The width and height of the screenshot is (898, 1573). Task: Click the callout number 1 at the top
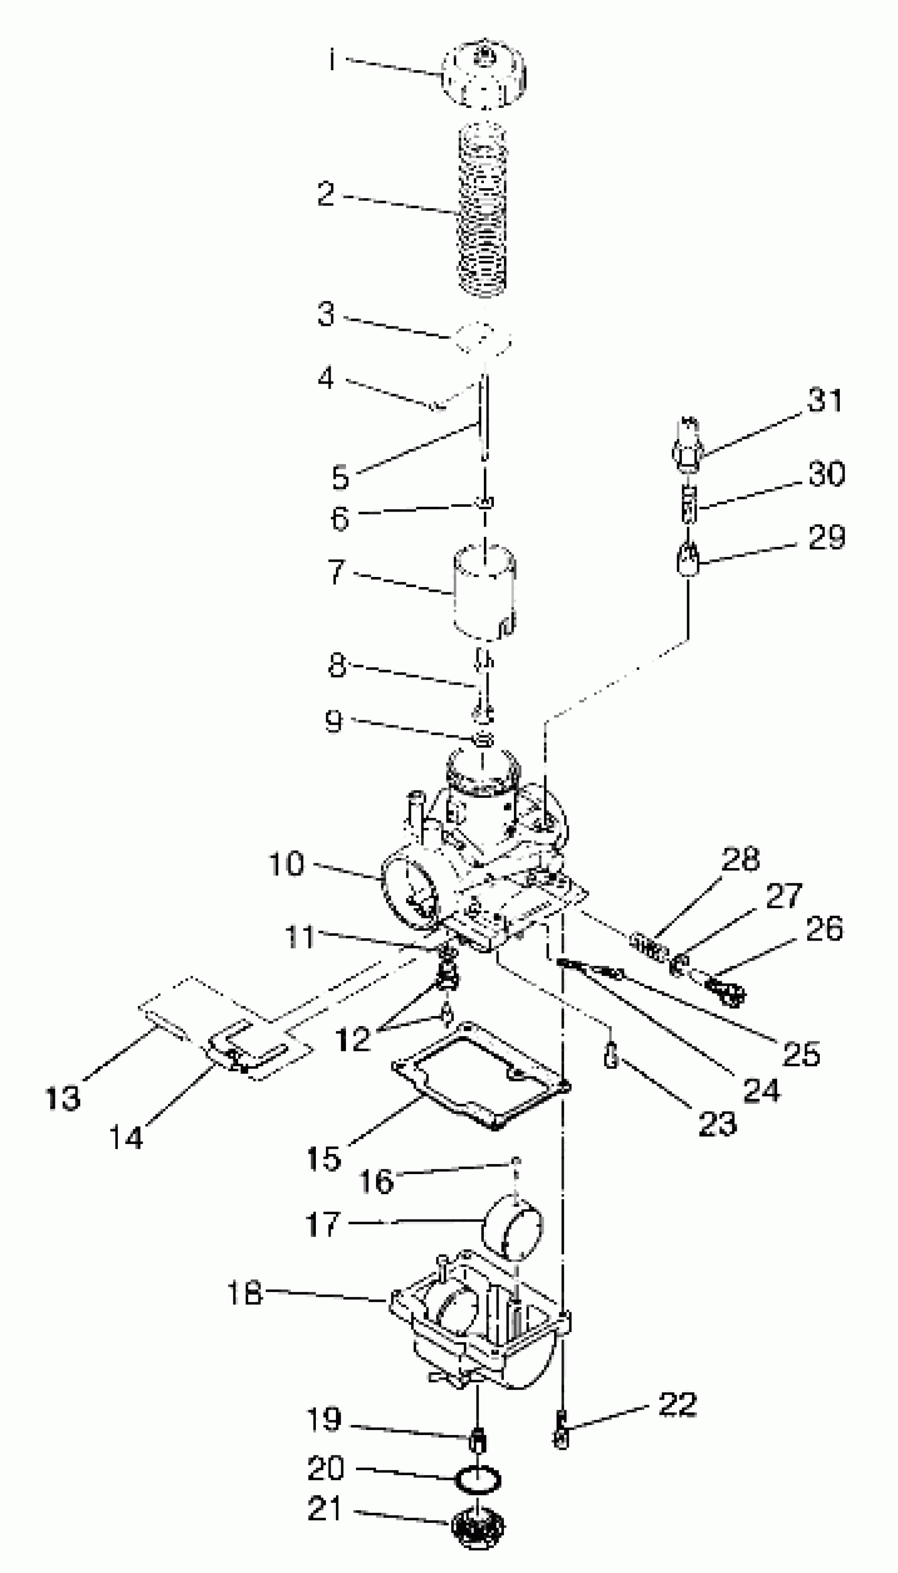(331, 60)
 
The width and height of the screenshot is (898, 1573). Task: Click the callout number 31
(825, 400)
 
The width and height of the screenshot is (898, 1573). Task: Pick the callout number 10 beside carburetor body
(287, 863)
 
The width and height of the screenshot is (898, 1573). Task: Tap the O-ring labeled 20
(478, 1479)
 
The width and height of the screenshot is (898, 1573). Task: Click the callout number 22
(677, 1404)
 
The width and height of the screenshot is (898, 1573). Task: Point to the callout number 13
(63, 1098)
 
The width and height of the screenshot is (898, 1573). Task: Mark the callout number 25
(801, 1053)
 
